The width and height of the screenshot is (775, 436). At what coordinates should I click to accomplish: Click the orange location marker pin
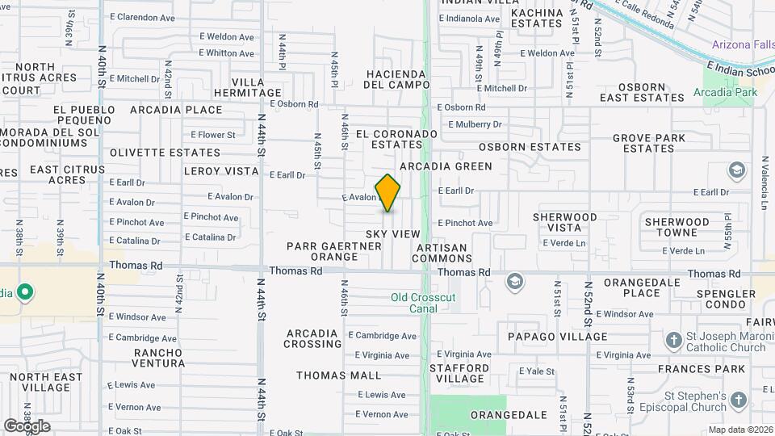[387, 193]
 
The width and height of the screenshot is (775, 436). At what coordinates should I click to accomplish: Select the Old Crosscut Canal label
[423, 303]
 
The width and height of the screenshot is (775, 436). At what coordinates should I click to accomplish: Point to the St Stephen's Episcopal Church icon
[738, 401]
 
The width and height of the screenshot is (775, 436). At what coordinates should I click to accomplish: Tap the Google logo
[27, 426]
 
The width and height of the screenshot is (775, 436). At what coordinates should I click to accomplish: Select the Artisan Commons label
[442, 253]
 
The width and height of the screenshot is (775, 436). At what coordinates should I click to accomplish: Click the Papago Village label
[557, 337]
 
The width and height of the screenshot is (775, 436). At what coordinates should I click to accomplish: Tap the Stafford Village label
[457, 372]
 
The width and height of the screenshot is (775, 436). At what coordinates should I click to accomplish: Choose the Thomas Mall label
[338, 375]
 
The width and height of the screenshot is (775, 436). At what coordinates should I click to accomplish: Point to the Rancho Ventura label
[159, 358]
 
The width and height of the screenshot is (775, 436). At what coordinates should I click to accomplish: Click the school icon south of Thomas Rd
[513, 281]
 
